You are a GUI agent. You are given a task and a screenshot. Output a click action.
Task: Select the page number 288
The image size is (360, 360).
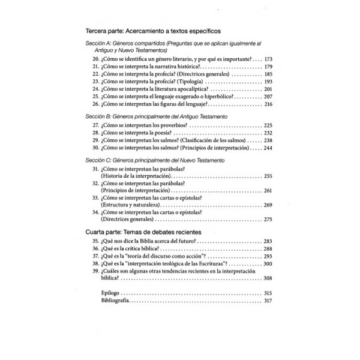267,248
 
